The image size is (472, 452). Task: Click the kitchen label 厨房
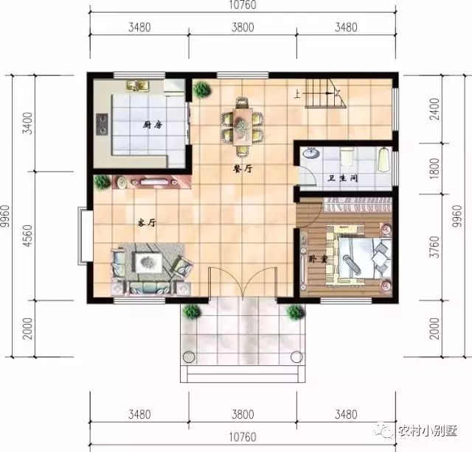click(153, 124)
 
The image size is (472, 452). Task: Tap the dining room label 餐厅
click(243, 169)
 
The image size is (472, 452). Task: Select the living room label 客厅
click(147, 223)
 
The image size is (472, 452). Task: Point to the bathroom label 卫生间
click(342, 178)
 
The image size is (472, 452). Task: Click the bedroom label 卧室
click(318, 258)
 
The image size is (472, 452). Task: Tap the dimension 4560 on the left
click(27, 236)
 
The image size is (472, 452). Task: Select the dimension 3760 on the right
click(434, 247)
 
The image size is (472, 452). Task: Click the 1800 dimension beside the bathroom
click(434, 169)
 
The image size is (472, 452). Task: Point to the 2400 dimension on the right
click(434, 109)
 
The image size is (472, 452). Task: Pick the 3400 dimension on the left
click(27, 123)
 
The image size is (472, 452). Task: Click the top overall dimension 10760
click(243, 5)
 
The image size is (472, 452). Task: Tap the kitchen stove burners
click(102, 124)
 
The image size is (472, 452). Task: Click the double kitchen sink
click(138, 85)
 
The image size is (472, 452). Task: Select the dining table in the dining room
click(243, 127)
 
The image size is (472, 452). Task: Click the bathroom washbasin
click(311, 153)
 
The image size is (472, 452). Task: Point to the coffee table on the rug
click(149, 263)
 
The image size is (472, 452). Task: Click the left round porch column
click(189, 357)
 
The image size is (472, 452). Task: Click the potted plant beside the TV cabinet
click(102, 182)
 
